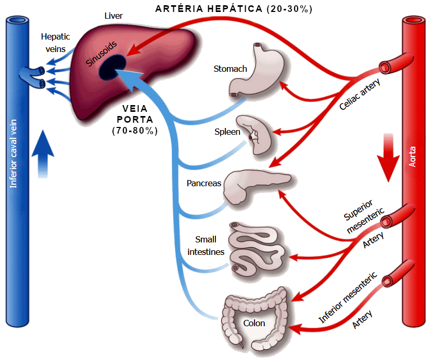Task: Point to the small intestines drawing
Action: click(x=258, y=248)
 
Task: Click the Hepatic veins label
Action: click(x=55, y=43)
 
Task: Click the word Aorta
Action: click(x=413, y=156)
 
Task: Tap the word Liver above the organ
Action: click(x=113, y=16)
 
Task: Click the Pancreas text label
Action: click(x=204, y=183)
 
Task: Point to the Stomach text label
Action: click(x=230, y=69)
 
